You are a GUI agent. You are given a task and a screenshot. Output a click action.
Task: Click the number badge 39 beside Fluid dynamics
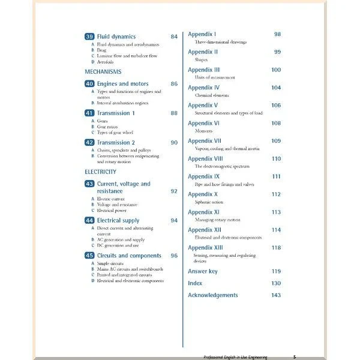click(89, 37)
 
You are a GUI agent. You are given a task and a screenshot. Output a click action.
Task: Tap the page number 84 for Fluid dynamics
click(174, 37)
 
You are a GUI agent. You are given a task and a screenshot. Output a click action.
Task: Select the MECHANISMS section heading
click(103, 71)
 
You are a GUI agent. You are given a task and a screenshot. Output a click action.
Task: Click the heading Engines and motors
click(122, 84)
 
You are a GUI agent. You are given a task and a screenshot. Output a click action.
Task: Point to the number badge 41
click(89, 113)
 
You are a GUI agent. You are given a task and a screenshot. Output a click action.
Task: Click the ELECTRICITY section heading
click(101, 172)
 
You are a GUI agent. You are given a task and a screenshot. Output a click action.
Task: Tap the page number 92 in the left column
click(174, 191)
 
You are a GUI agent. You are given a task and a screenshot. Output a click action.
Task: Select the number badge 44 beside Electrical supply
click(89, 221)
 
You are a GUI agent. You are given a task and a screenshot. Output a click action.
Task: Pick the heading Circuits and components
click(129, 256)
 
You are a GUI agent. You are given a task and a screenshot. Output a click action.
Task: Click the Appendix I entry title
click(202, 34)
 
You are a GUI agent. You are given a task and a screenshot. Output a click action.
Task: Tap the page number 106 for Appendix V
click(276, 105)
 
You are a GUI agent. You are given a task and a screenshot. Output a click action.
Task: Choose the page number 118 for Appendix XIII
click(276, 247)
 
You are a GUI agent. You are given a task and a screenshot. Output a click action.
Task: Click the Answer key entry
click(203, 271)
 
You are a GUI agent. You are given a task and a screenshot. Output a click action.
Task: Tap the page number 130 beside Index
click(276, 283)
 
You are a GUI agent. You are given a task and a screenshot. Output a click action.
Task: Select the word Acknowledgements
click(213, 295)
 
